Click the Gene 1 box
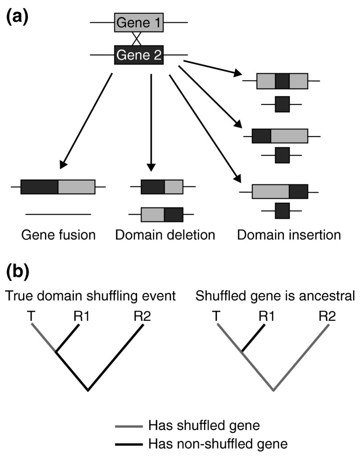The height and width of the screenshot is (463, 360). pyautogui.click(x=138, y=22)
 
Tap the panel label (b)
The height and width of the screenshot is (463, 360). pyautogui.click(x=17, y=272)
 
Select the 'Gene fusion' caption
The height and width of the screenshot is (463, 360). pyautogui.click(x=58, y=235)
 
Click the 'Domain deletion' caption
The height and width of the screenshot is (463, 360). pyautogui.click(x=165, y=235)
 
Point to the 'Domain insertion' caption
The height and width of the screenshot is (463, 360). pyautogui.click(x=289, y=235)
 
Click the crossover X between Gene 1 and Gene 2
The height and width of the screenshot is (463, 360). pyautogui.click(x=136, y=39)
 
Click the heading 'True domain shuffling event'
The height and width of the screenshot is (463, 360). pyautogui.click(x=91, y=296)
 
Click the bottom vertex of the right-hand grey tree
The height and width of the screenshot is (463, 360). pyautogui.click(x=274, y=391)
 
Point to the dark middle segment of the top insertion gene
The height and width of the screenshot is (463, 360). pyautogui.click(x=282, y=81)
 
